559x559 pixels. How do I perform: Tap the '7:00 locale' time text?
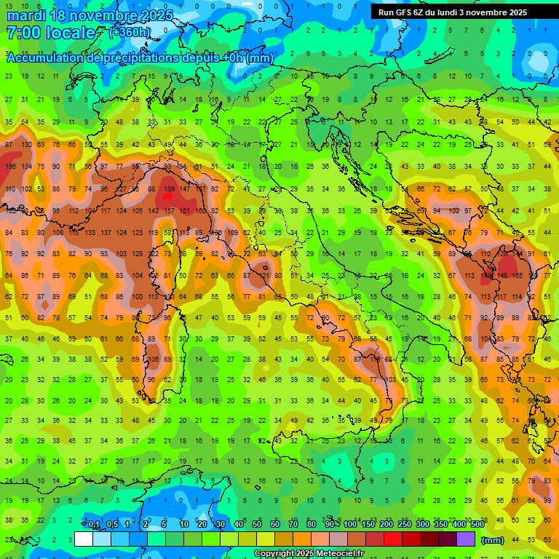[x=51, y=33]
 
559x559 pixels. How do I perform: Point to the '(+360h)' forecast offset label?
[x=130, y=32]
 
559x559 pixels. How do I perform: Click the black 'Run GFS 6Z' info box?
[x=459, y=12]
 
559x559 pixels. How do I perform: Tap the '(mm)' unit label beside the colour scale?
[x=493, y=540]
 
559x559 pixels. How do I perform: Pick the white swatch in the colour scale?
[x=84, y=539]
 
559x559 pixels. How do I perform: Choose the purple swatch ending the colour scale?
[x=465, y=539]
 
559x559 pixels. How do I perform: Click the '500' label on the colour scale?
[x=477, y=525]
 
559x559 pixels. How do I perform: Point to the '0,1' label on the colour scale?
[x=94, y=525]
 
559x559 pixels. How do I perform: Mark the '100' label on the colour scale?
[x=350, y=525]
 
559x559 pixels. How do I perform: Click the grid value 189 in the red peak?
[x=169, y=189]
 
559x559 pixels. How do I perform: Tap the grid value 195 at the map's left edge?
[x=10, y=167]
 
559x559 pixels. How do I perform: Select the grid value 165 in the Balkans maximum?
[x=517, y=276]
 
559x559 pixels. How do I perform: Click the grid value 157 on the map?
[x=169, y=211]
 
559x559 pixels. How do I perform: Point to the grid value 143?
[x=153, y=211]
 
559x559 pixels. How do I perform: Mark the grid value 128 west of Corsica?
[x=137, y=254]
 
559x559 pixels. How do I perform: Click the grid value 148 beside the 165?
[x=501, y=276]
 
